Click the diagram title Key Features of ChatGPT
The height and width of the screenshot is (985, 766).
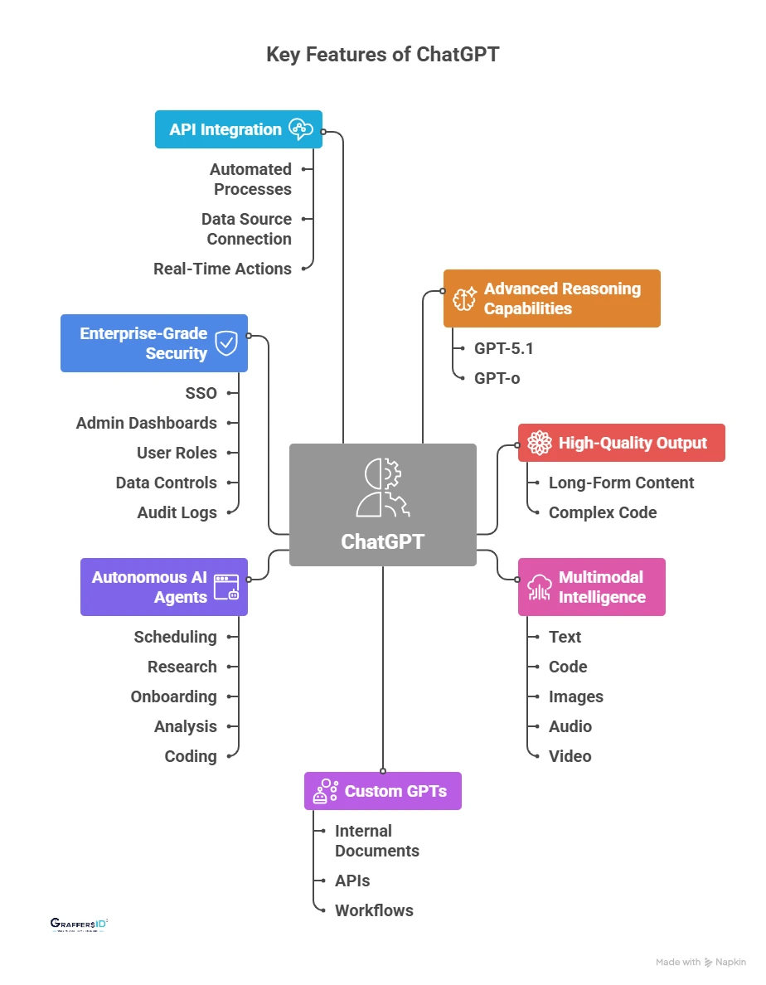(x=382, y=55)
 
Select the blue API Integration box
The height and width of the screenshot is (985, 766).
(x=238, y=129)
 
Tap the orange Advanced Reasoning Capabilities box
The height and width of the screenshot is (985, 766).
(x=551, y=298)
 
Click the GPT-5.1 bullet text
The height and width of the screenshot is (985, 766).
(x=503, y=348)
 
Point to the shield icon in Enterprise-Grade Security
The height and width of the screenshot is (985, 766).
(x=226, y=343)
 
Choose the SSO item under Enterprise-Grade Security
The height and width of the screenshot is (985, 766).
(x=201, y=393)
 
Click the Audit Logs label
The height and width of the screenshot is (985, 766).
(x=177, y=512)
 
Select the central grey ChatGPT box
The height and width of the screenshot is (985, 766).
(x=382, y=505)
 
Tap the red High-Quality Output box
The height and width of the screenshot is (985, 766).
(x=621, y=443)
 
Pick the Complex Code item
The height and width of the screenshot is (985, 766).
(x=602, y=512)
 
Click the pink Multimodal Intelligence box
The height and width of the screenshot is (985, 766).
(x=591, y=587)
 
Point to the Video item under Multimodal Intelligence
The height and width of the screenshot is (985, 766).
(x=570, y=756)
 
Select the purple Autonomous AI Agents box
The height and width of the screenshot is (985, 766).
(x=163, y=587)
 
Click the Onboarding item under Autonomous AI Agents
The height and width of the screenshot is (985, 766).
(x=173, y=696)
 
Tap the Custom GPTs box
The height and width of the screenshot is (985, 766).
(x=382, y=791)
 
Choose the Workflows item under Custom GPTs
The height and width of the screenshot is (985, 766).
(x=374, y=910)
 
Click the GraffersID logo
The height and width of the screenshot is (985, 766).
(x=80, y=924)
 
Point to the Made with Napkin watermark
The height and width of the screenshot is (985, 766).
(x=701, y=963)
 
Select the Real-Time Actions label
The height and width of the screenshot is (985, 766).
(x=222, y=269)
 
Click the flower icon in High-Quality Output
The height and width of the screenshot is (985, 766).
(x=540, y=443)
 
